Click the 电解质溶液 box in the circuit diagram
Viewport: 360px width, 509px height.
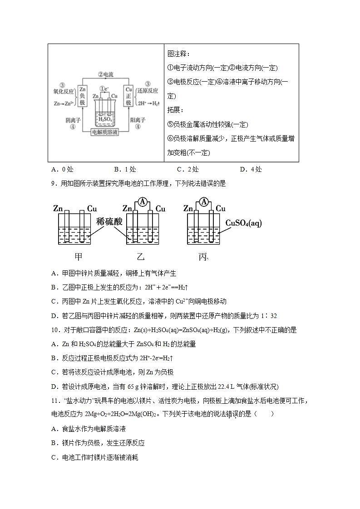click(x=105, y=132)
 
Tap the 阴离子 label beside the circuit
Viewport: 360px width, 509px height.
click(x=73, y=120)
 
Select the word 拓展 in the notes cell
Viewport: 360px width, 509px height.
click(x=174, y=110)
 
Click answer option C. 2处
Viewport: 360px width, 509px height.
click(x=187, y=170)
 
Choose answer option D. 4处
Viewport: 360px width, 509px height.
click(x=251, y=170)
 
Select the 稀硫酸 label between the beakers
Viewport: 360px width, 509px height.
click(x=109, y=221)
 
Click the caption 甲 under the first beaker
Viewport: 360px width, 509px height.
click(x=79, y=257)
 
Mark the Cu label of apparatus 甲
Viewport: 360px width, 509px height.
click(x=92, y=209)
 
